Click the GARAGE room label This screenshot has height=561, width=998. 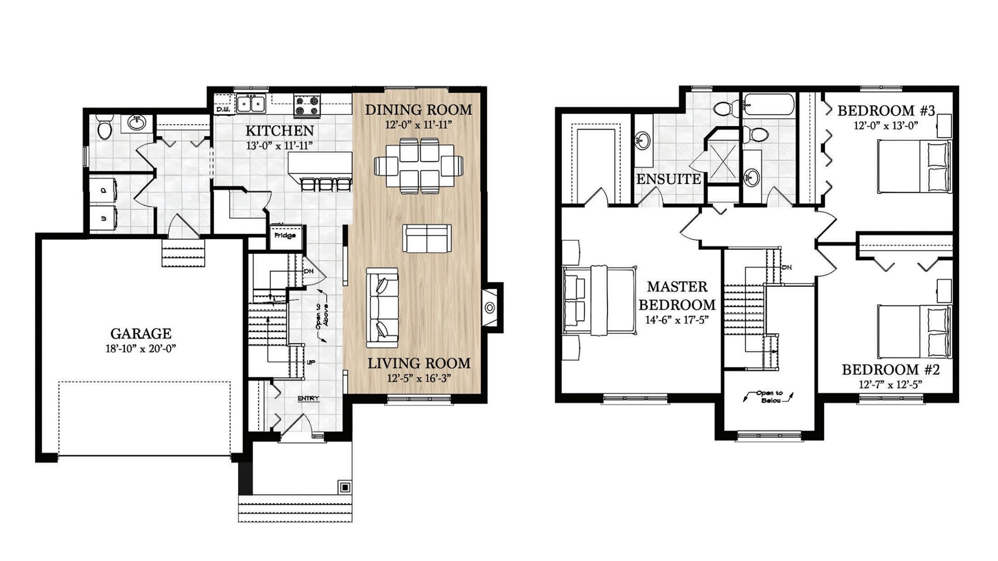(x=140, y=333)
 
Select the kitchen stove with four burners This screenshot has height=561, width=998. (x=307, y=105)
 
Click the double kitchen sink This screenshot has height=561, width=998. (x=251, y=103)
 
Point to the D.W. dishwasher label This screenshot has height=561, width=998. (x=223, y=110)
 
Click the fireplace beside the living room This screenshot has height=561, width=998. (x=489, y=308)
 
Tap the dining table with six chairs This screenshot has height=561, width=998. (x=418, y=166)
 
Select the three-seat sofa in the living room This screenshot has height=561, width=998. (x=382, y=308)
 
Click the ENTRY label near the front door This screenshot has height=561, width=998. (x=308, y=398)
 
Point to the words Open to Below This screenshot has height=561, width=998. (x=769, y=397)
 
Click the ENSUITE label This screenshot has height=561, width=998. (x=668, y=179)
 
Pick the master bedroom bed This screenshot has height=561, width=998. (x=599, y=300)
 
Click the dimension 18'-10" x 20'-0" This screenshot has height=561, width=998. (x=140, y=349)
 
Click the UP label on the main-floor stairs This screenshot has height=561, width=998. (x=311, y=362)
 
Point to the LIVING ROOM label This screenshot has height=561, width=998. (x=419, y=364)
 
